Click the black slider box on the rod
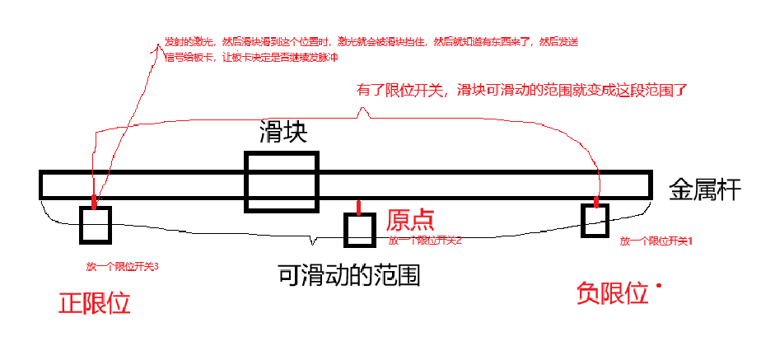281,181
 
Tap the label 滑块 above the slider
282,133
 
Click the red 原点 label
410,220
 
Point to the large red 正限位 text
94,305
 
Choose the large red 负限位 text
612,292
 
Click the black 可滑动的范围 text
349,274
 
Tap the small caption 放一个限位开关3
122,267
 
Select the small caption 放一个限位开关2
425,241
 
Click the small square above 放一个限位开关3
95,225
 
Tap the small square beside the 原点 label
360,230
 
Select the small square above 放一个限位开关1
595,220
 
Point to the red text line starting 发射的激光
371,42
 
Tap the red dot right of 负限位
659,286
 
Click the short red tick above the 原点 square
357,206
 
